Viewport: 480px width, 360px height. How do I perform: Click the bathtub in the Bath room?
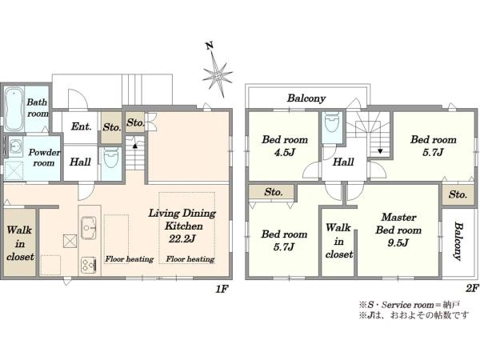pos(14,110)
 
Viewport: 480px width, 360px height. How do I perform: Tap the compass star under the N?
pos(218,75)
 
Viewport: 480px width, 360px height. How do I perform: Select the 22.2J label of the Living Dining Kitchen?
pos(182,238)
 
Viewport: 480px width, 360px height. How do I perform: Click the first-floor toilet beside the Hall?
pos(111,158)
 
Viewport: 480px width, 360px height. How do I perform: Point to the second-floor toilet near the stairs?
pos(332,122)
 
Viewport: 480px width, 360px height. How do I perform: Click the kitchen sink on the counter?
pos(89,228)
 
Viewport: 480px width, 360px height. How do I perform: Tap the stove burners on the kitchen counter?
pos(89,265)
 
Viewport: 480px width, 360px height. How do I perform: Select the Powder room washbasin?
pos(15,146)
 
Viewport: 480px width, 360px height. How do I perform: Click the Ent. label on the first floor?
pos(81,126)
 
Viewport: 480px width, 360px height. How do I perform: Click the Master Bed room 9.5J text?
pos(398,230)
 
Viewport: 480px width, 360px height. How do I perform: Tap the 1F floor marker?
pos(222,288)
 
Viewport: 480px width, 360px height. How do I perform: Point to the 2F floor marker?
pos(472,288)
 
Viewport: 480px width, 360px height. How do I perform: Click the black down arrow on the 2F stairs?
pos(380,151)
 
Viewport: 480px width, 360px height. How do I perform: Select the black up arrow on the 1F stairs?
pos(134,146)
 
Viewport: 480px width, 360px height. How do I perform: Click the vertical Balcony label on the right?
pos(458,241)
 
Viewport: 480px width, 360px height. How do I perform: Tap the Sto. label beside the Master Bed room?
pos(458,194)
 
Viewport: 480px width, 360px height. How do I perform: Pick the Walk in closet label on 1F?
pos(20,243)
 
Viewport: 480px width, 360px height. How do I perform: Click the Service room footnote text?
pos(410,305)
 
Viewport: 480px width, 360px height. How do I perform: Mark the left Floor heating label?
pos(129,259)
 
